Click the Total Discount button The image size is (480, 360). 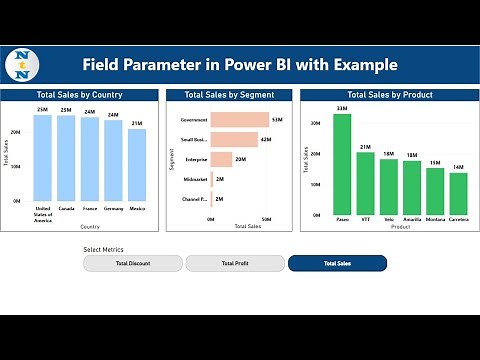[x=133, y=263]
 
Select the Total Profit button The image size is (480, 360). [x=235, y=263]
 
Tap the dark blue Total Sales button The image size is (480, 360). [x=337, y=263]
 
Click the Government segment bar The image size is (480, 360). [x=239, y=120]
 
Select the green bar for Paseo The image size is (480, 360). [x=342, y=164]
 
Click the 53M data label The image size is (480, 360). [x=277, y=120]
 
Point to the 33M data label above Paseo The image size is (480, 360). [x=342, y=108]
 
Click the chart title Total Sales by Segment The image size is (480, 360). [x=229, y=95]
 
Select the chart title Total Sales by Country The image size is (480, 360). [x=80, y=95]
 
